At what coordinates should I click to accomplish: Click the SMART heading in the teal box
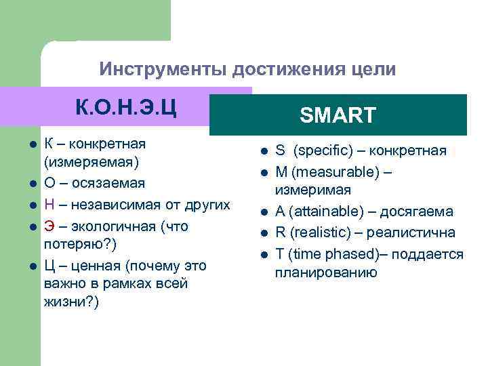[x=338, y=115]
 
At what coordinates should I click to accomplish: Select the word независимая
[x=115, y=205]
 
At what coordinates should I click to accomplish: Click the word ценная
[x=94, y=265]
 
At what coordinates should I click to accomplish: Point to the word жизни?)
[x=71, y=302]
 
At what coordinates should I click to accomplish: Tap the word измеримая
[x=312, y=189]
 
